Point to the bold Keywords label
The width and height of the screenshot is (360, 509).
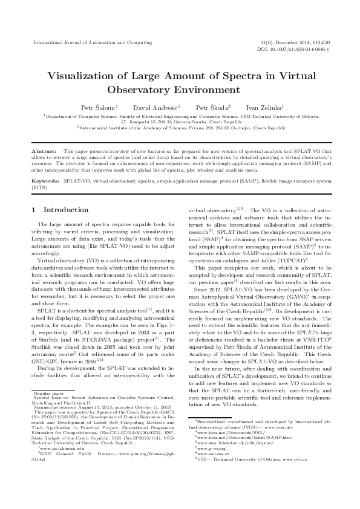click(46, 181)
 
